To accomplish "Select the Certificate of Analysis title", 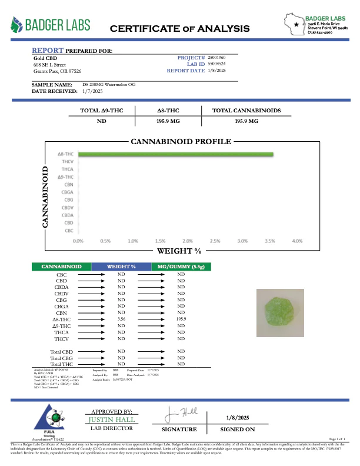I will [179, 28].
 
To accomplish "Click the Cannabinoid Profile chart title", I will [181, 142].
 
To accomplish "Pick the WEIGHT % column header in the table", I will [122, 267].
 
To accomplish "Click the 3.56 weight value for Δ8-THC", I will [122, 319].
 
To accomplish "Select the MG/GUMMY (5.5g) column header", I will [181, 267].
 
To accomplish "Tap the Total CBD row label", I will [61, 352].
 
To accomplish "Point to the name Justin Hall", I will [112, 420].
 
